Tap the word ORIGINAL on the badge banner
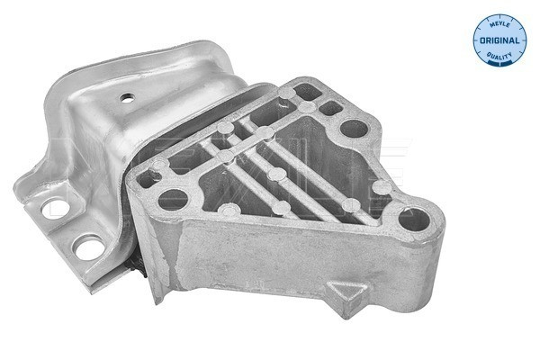tap(499, 40)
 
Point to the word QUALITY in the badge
tap(499, 56)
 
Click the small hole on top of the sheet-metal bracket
tap(127, 98)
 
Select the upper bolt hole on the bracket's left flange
tap(56, 208)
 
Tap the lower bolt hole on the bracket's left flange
tap(89, 247)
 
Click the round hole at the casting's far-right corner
tap(414, 220)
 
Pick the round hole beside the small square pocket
tap(354, 129)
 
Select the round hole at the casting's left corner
tap(173, 200)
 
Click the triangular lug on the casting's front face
tap(347, 293)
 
